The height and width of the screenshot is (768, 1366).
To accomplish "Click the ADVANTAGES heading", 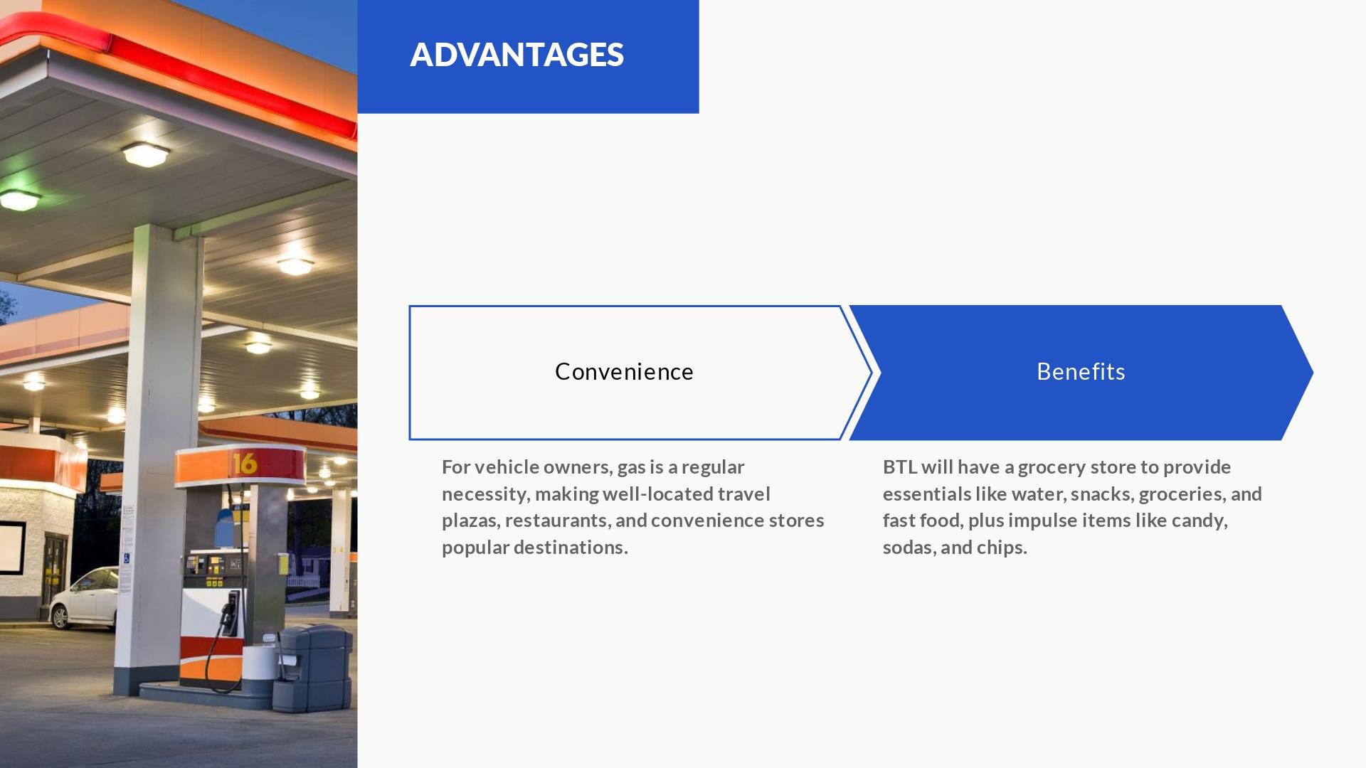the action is [x=517, y=55].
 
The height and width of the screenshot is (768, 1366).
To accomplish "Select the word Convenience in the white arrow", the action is [x=624, y=371].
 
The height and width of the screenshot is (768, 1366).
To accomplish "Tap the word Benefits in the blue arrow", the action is [x=1081, y=371].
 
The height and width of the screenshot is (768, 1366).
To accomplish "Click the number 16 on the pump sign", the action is [x=244, y=464].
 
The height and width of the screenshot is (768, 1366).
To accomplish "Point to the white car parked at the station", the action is [x=84, y=597].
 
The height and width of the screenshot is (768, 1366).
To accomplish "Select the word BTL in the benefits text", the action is [x=899, y=467].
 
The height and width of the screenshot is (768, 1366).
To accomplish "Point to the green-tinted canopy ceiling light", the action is [x=19, y=200].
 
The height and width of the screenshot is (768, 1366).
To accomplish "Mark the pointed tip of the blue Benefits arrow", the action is [x=1313, y=373].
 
